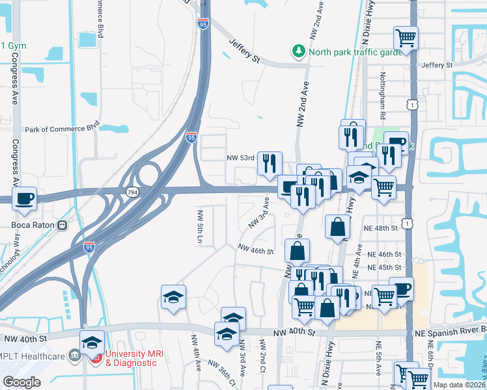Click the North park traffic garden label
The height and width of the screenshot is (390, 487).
(355, 53)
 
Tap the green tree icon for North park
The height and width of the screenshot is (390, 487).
(299, 51)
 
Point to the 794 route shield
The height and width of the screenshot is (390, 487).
(132, 193)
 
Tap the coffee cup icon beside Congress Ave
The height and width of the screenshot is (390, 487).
(25, 198)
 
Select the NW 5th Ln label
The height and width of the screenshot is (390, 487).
(201, 227)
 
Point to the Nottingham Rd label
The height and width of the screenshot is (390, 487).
(383, 90)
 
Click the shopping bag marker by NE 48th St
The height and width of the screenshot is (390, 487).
(338, 228)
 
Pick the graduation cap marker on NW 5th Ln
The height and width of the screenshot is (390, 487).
(173, 297)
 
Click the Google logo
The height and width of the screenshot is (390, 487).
(21, 382)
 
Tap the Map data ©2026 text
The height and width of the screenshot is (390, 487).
(458, 385)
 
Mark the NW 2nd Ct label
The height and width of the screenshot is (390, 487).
(262, 357)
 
